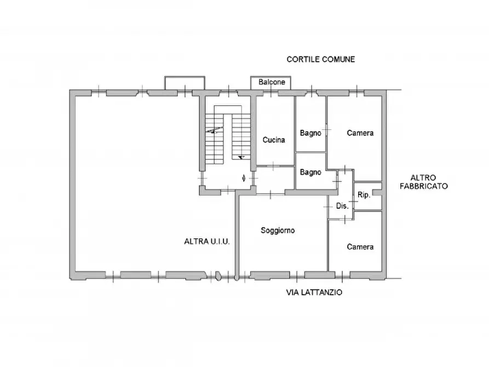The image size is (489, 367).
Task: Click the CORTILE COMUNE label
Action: [x=320, y=59]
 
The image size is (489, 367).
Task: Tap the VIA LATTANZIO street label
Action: [x=314, y=293]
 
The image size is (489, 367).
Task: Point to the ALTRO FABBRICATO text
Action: [x=423, y=182]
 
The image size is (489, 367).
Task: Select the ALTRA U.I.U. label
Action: [x=207, y=241]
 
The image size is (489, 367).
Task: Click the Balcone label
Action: [x=272, y=82]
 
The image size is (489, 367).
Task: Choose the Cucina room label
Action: [x=273, y=140]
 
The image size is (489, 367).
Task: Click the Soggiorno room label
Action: [x=278, y=230]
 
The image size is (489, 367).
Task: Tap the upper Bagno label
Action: [x=310, y=133]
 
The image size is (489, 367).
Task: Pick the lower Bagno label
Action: [x=310, y=172]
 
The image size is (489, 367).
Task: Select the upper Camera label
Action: [x=360, y=133]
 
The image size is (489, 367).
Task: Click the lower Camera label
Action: [x=360, y=247]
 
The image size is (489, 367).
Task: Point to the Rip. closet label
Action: [x=364, y=195]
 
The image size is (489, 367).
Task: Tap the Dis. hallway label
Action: [x=342, y=206]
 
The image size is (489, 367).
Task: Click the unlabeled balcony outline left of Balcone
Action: [x=185, y=77]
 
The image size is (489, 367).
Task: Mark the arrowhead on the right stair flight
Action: [x=241, y=157]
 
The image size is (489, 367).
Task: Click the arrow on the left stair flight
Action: [x=214, y=130]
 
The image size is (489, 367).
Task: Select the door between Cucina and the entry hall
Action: [x=273, y=166]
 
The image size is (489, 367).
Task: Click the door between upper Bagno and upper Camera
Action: [x=326, y=129]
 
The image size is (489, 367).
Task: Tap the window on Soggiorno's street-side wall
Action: [x=297, y=275]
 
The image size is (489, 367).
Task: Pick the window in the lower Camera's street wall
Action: [x=342, y=275]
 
